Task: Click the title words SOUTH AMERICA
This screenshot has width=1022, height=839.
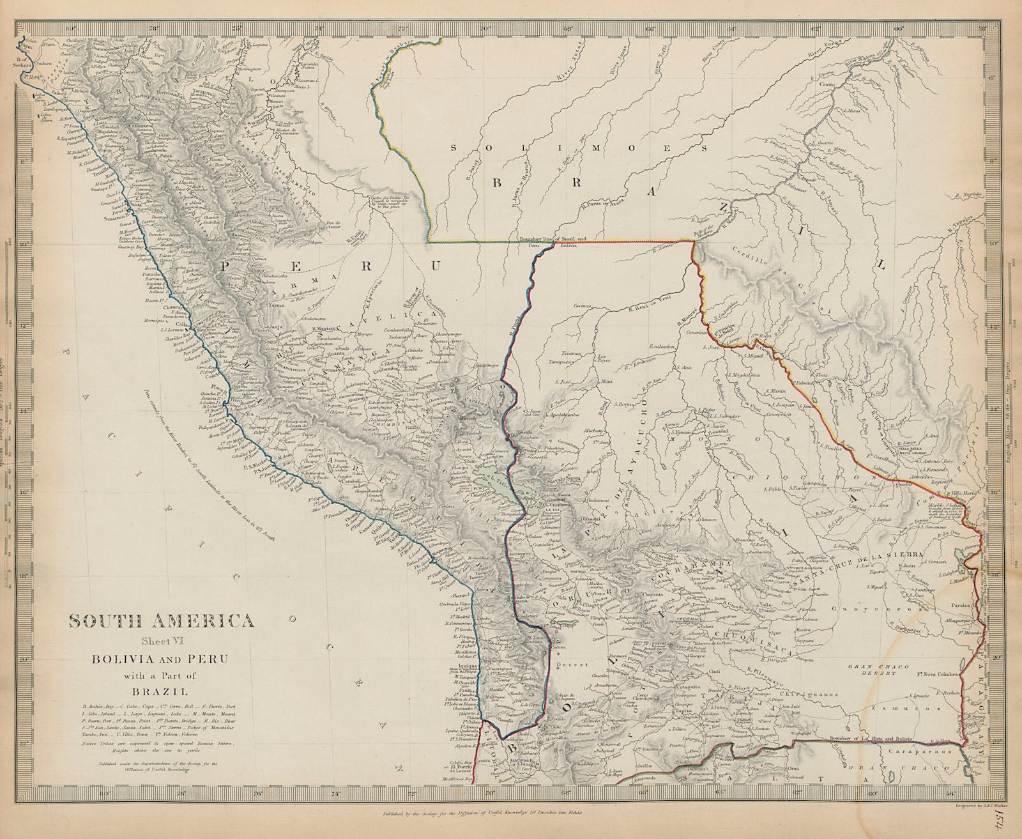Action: [160, 620]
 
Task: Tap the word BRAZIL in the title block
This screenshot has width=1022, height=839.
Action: [160, 691]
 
